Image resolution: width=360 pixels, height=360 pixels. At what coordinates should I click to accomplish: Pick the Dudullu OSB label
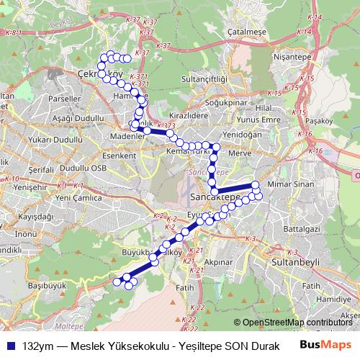[82, 168]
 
